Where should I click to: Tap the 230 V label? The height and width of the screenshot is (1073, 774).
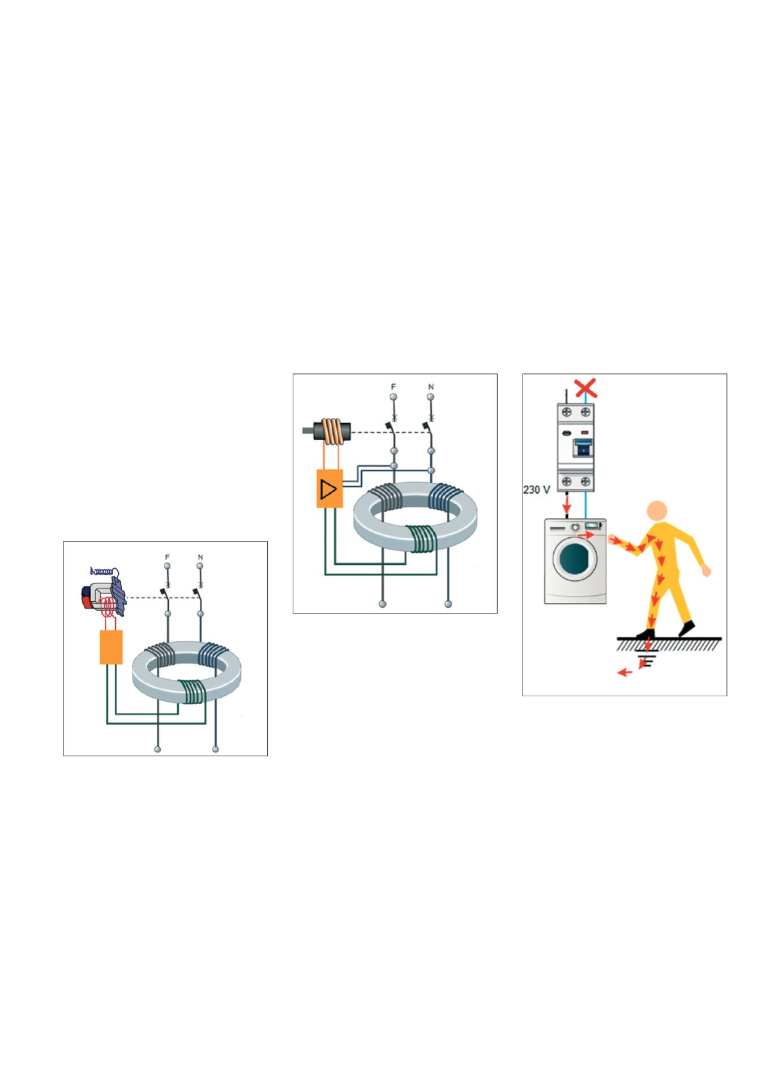536,489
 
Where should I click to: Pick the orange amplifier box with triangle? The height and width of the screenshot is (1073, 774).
330,488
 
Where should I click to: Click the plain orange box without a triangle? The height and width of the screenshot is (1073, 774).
111,646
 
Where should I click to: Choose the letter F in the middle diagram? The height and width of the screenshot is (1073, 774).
394,387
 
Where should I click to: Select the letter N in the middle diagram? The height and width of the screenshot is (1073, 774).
431,387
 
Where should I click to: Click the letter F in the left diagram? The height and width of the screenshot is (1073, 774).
167,557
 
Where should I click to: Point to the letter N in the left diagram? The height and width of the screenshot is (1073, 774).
200,557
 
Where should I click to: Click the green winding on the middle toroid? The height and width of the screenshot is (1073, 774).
421,538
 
